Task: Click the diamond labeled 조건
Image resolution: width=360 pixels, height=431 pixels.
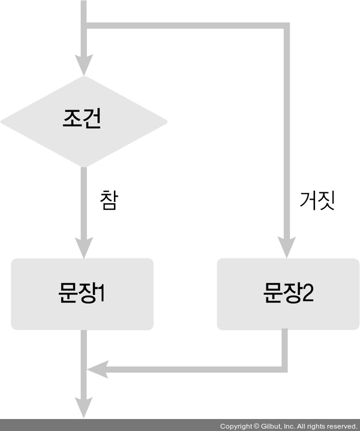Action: tap(83, 121)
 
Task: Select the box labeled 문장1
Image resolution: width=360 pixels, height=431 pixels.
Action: tap(82, 294)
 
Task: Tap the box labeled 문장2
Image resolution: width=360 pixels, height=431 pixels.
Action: tap(288, 294)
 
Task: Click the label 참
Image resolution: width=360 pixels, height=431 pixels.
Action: tap(109, 200)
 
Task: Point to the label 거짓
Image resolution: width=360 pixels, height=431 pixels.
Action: tap(316, 200)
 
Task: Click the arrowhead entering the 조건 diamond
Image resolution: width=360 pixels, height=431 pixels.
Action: tap(83, 64)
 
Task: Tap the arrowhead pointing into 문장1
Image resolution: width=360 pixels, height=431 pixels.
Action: tap(83, 246)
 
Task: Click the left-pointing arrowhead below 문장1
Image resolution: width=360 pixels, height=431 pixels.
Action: tap(98, 369)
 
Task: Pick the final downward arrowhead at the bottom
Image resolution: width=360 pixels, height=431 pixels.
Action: tap(83, 408)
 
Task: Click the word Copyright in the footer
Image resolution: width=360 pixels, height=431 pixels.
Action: tap(236, 426)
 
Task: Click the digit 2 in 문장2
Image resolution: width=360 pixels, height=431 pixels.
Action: tap(308, 294)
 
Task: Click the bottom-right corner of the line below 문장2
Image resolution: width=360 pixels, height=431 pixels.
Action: tap(284, 369)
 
